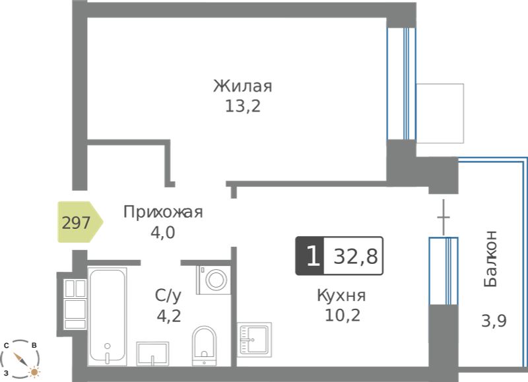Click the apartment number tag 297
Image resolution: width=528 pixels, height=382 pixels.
80,222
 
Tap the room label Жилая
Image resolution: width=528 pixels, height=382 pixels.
242,86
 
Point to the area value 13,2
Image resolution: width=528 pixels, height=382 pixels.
242,106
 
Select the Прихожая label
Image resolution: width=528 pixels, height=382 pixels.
163,212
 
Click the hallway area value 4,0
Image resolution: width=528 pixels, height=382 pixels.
162,233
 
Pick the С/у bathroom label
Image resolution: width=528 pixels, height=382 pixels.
168,296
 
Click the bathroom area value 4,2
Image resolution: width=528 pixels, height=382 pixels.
169,316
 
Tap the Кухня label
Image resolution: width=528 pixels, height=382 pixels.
341,296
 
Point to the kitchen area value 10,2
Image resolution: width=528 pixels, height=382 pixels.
343,315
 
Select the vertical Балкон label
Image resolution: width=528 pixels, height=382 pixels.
490,259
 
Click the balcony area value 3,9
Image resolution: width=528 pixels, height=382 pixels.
494,321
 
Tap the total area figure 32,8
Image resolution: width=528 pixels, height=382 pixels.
355,257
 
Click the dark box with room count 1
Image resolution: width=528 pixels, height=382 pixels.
310,256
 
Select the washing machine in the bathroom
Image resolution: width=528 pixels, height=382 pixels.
213,280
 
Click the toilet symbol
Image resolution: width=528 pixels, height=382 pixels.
204,346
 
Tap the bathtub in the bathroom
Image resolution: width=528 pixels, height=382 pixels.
108,317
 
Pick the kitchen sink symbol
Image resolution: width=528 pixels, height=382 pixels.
254,340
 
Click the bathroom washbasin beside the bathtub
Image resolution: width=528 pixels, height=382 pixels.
152,354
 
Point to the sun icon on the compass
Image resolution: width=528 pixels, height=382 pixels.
34,372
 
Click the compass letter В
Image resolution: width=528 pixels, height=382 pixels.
34,345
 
